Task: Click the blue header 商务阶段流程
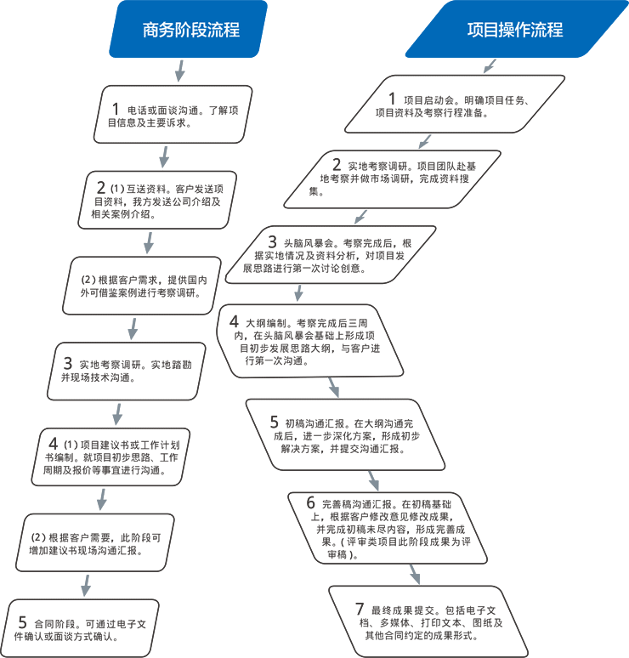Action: tap(190, 30)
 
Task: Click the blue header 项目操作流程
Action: tap(514, 30)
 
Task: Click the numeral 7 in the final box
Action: tap(359, 609)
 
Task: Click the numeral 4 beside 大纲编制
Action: tap(234, 322)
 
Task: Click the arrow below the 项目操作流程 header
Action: tap(488, 65)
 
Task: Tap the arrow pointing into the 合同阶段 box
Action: tap(85, 585)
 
